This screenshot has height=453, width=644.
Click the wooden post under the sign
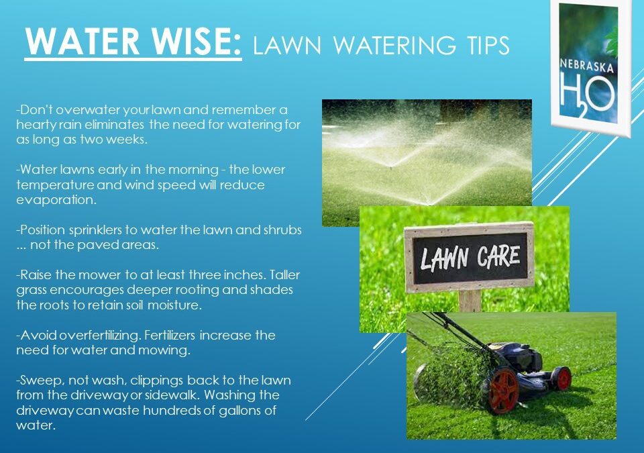pyautogui.click(x=470, y=300)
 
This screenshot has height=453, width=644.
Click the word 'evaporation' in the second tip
pyautogui.click(x=57, y=200)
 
